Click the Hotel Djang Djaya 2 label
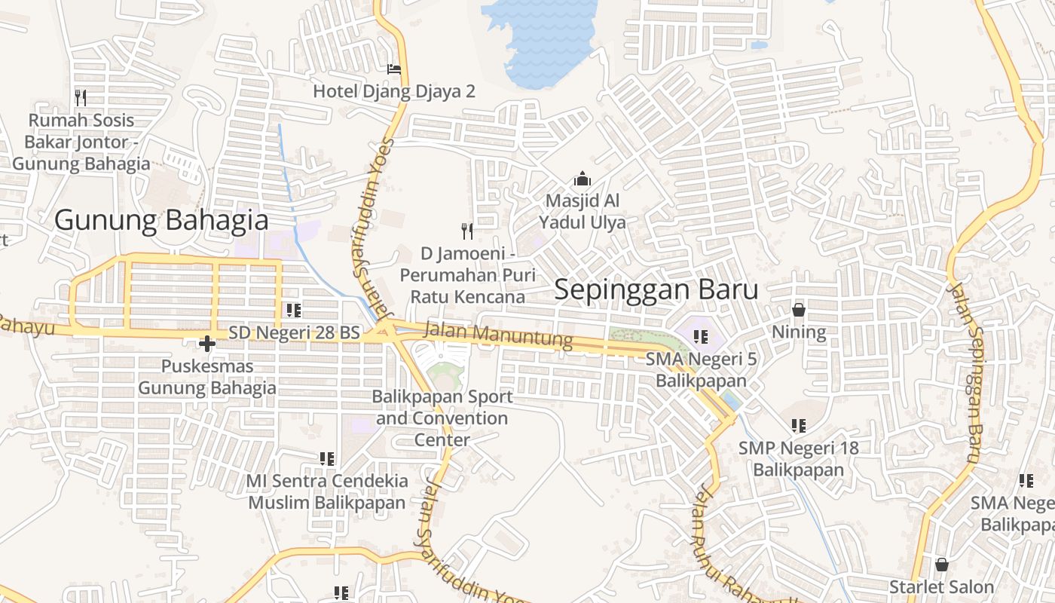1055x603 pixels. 394,91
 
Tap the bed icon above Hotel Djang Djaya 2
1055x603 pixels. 394,69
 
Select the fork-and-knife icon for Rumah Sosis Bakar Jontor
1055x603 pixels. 81,97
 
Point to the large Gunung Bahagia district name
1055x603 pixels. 161,220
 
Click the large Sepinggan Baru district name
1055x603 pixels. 656,290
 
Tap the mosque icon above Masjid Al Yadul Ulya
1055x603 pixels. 582,179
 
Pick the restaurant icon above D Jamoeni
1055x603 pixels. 467,230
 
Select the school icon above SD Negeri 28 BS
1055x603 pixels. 294,310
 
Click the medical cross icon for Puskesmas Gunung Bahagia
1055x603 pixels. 206,344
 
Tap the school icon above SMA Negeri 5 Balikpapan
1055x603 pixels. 701,337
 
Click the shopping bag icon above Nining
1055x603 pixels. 799,310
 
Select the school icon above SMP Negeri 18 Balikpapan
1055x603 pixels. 799,426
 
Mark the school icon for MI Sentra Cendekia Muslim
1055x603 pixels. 326,458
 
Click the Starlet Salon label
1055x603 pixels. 941,586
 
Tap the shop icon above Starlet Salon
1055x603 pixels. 941,565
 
